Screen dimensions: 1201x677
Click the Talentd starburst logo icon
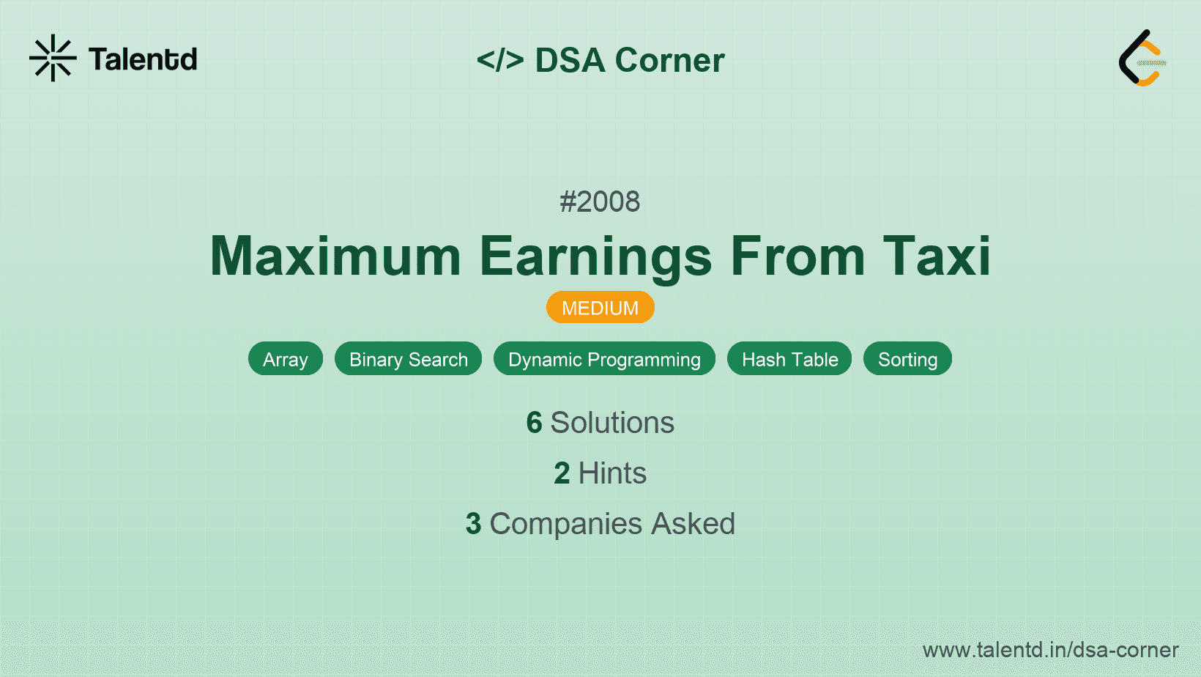coord(53,58)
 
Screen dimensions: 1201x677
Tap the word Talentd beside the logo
coord(143,59)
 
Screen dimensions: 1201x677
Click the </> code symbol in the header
coord(500,59)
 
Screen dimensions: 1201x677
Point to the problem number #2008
coord(600,201)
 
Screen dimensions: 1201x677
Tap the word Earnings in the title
coord(595,258)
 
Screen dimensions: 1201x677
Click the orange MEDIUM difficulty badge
coord(600,308)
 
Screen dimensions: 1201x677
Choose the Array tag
coord(286,359)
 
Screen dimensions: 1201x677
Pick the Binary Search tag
coord(409,359)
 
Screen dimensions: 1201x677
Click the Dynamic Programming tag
coord(604,359)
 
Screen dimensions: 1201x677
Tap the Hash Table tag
coord(789,359)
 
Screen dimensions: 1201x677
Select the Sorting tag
coord(908,359)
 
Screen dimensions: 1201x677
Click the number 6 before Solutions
coord(534,422)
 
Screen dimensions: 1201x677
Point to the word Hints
coord(612,473)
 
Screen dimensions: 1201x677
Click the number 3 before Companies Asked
coord(473,524)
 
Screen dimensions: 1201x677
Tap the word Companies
coord(566,524)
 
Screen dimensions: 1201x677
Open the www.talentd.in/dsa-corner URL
coord(1051,650)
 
